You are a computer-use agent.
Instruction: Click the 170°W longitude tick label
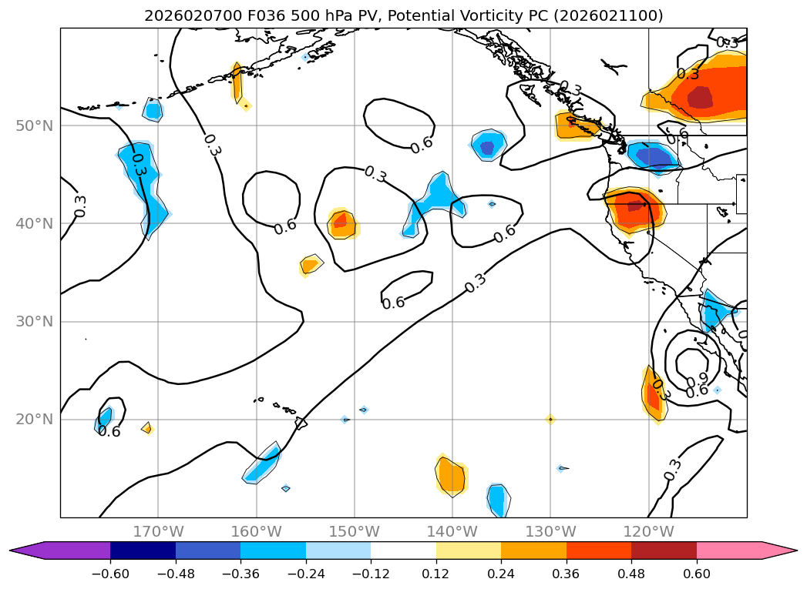[158, 531]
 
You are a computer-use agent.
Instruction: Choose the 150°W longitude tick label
[354, 531]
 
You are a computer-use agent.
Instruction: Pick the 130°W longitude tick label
[550, 531]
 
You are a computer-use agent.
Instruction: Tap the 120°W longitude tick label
[648, 531]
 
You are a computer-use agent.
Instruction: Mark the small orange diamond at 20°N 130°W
[550, 419]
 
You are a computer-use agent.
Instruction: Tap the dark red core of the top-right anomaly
[701, 98]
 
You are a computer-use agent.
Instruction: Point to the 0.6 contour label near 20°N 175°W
[109, 431]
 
